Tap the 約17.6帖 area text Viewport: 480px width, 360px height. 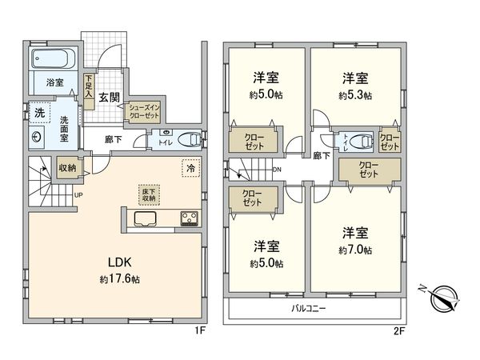click(119, 279)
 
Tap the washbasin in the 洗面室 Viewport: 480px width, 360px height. click(37, 136)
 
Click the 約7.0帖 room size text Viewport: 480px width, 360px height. click(355, 250)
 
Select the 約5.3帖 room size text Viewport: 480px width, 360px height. click(354, 95)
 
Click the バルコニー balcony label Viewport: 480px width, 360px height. click(307, 307)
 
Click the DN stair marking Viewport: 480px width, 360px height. click(277, 170)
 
